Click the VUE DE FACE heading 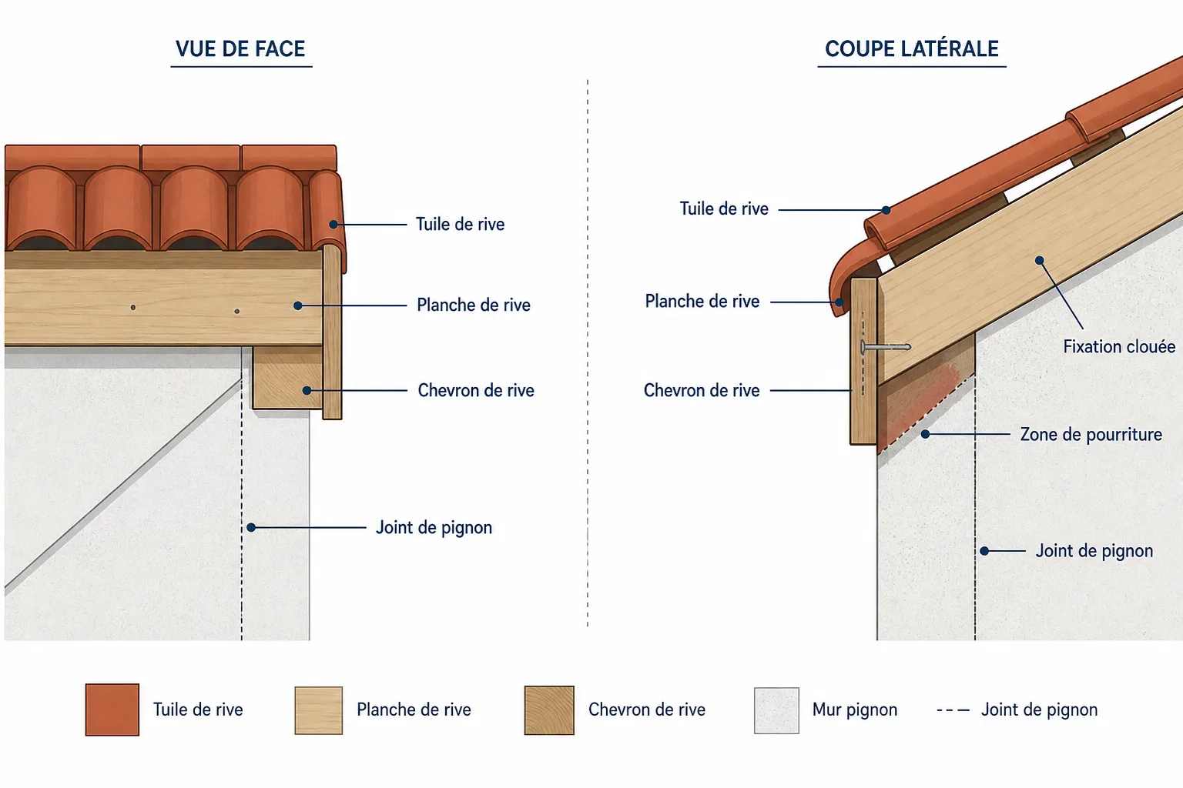click(240, 49)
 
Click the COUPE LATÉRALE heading click(912, 49)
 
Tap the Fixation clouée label click(1119, 347)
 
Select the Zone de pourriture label click(1091, 434)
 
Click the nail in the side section click(886, 347)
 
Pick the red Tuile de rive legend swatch click(112, 710)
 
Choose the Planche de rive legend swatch click(318, 710)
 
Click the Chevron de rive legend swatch click(549, 710)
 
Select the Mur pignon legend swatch click(776, 710)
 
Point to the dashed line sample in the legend click(953, 710)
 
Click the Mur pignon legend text click(854, 710)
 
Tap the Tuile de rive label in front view click(460, 224)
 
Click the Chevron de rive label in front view click(476, 391)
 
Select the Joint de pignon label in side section click(1094, 551)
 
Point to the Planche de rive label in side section click(702, 302)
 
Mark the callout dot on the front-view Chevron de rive click(307, 391)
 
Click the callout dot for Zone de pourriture click(925, 434)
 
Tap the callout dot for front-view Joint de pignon click(251, 527)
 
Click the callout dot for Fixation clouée click(1039, 260)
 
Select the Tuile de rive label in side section click(723, 209)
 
